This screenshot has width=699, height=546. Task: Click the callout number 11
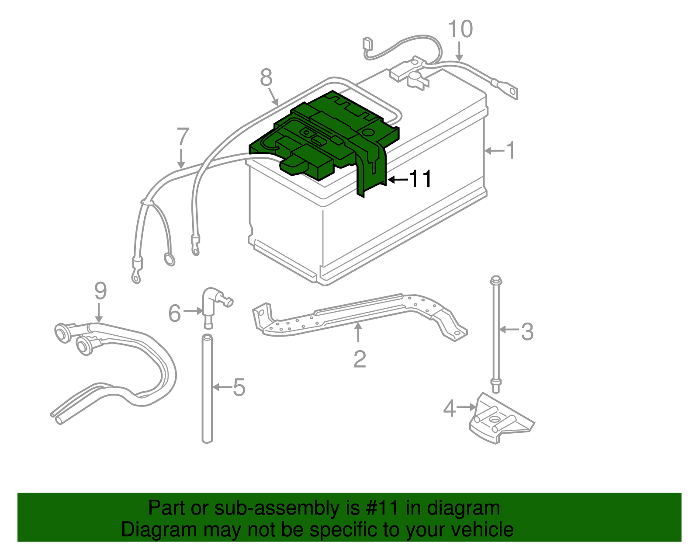(420, 179)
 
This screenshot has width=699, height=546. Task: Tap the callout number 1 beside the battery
(510, 150)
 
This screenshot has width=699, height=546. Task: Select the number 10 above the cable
(460, 29)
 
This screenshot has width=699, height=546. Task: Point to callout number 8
(266, 78)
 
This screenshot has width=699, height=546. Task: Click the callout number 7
(183, 137)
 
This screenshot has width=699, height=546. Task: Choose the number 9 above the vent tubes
(100, 291)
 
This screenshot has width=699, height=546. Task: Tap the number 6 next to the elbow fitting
(175, 313)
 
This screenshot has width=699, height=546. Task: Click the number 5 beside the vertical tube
(239, 387)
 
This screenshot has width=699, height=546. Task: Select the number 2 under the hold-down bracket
(359, 359)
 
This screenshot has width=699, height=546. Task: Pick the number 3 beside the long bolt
(527, 331)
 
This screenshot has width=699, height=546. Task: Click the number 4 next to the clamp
(449, 408)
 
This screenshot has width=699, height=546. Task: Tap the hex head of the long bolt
(496, 279)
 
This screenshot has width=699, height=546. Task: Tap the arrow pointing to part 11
(397, 179)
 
